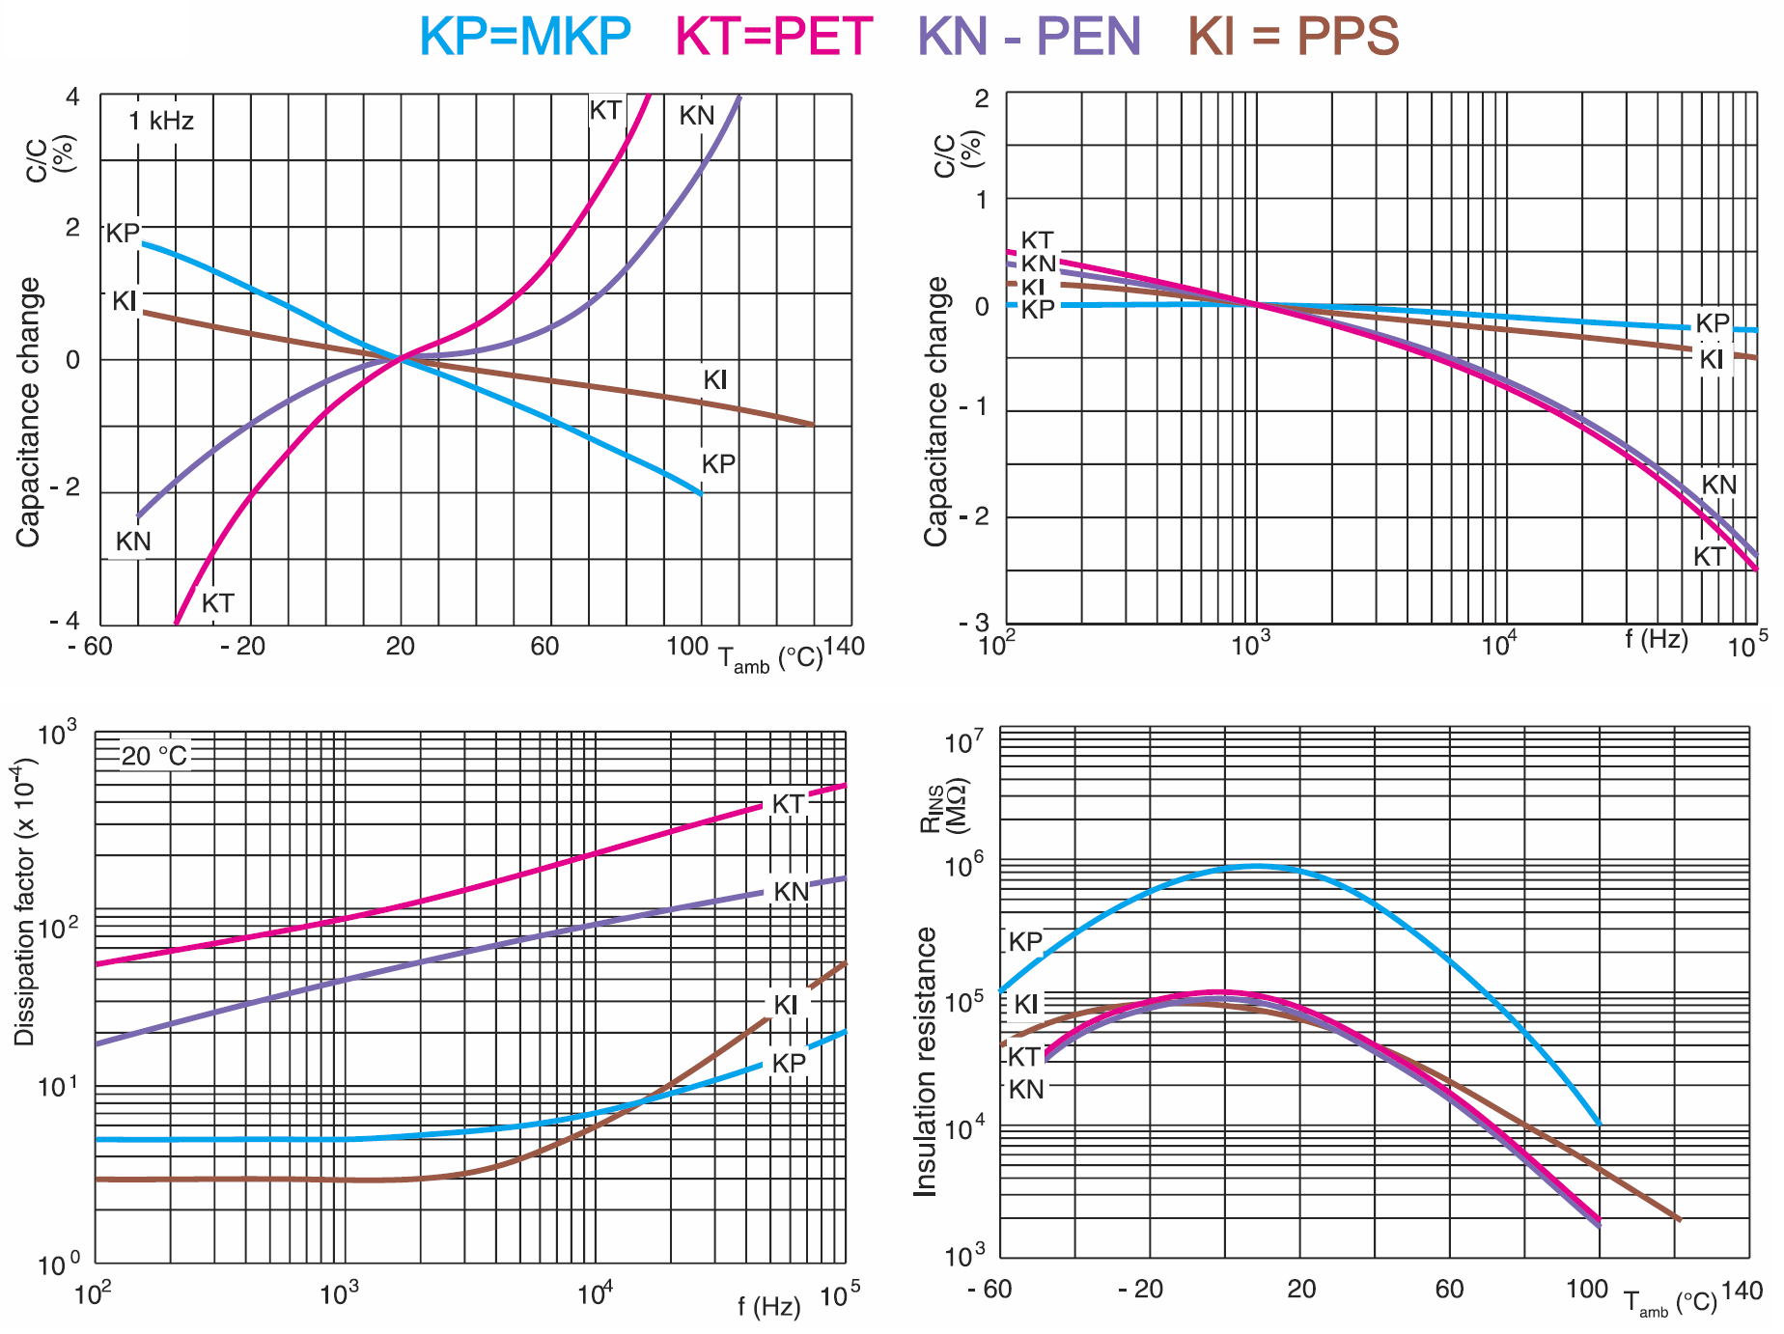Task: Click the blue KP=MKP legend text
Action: [524, 36]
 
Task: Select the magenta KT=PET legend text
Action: [773, 36]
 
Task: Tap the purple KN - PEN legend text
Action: [1029, 36]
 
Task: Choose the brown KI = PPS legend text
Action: [1293, 36]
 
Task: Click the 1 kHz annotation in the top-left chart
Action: [161, 121]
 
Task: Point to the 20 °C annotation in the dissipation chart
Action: [154, 755]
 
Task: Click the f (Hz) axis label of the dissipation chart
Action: [769, 1307]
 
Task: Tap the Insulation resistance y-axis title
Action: [926, 1062]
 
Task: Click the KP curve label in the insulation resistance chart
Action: [1025, 941]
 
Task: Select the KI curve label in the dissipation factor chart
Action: [786, 1005]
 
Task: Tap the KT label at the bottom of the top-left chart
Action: [217, 603]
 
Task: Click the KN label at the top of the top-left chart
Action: [696, 116]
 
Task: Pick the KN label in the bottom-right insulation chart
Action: [1026, 1090]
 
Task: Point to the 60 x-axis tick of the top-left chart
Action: [544, 646]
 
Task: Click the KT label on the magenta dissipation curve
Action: [788, 804]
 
